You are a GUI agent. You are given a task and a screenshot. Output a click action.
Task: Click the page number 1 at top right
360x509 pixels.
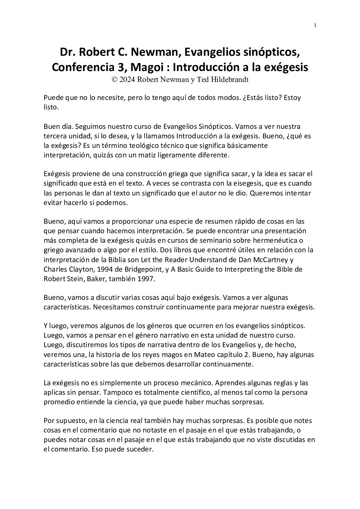tap(315, 25)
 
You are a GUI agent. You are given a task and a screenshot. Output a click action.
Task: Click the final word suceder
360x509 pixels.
tap(141, 449)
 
